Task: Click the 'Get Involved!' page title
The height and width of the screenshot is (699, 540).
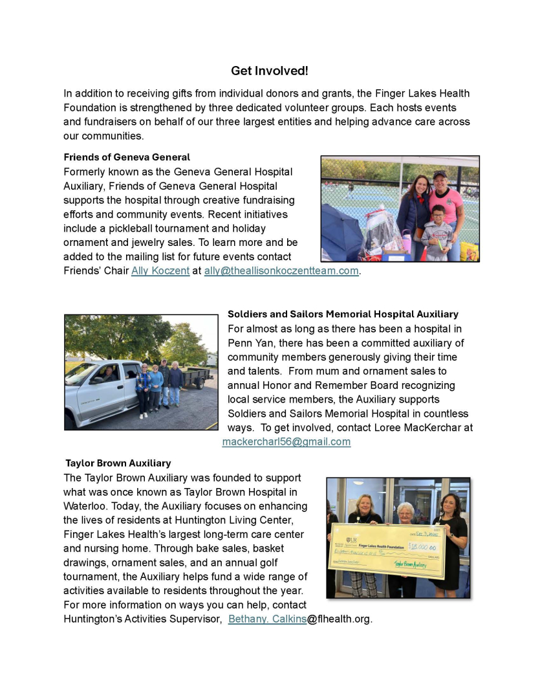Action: tap(270, 71)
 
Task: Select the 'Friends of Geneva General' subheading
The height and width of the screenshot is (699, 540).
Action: tap(127, 157)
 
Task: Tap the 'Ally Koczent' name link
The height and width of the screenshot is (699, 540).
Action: tap(160, 271)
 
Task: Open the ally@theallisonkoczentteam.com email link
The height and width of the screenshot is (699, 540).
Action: tap(281, 271)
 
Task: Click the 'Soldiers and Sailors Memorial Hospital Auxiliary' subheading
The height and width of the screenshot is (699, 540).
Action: tap(343, 315)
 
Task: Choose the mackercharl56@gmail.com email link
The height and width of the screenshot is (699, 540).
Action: tap(286, 442)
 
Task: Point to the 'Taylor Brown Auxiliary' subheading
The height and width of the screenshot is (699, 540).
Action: tap(118, 463)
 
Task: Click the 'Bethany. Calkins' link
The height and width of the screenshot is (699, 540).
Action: tap(267, 619)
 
